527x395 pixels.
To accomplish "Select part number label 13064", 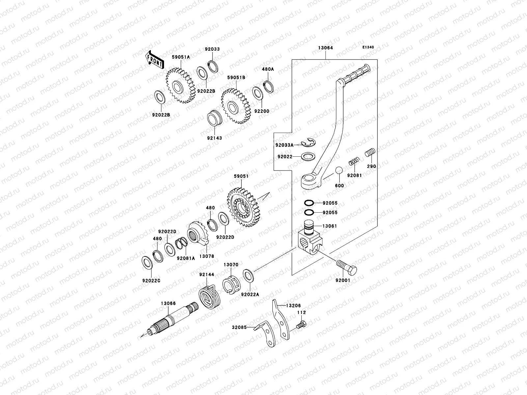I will click(x=325, y=48).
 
